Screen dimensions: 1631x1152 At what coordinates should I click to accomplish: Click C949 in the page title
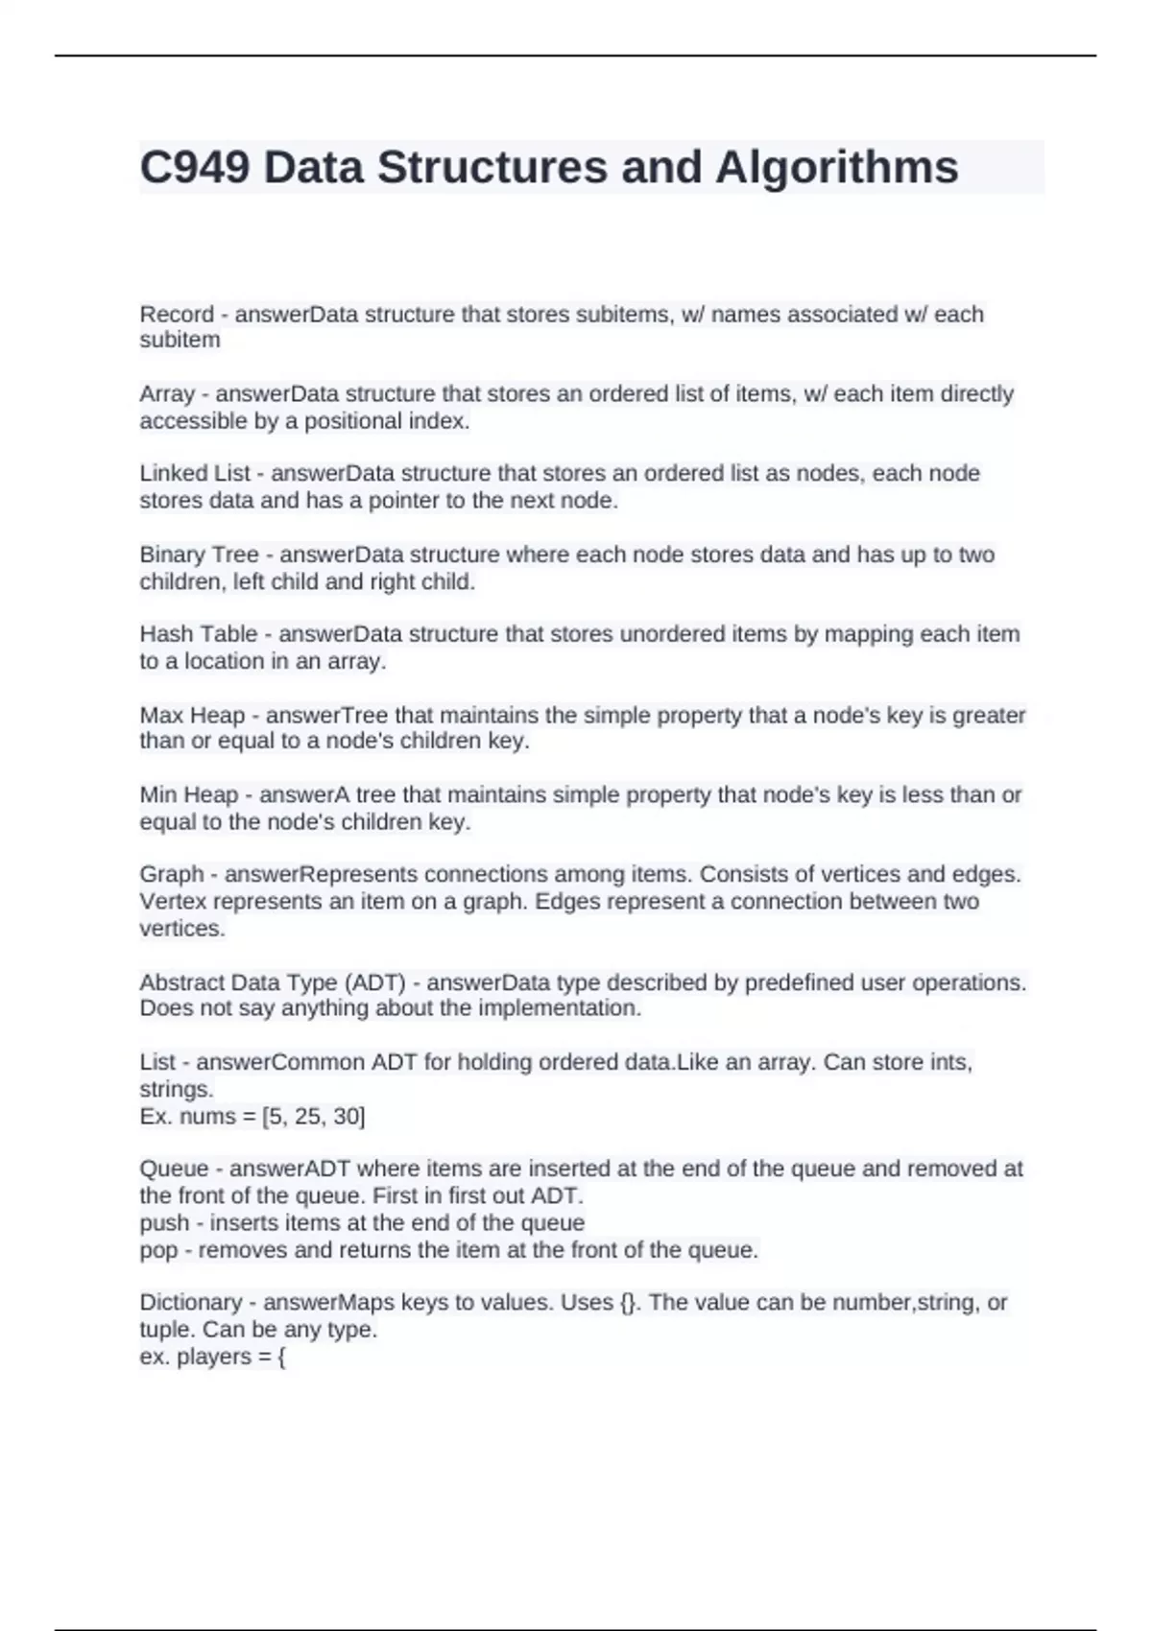pos(195,168)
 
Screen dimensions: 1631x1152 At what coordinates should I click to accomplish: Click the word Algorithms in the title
pos(836,168)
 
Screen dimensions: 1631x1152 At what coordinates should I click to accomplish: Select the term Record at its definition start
pos(177,315)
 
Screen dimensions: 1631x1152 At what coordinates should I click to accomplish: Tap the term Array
pos(167,394)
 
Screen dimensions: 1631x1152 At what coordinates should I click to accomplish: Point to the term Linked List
pos(195,474)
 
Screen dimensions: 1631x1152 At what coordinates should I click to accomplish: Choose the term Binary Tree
pos(199,555)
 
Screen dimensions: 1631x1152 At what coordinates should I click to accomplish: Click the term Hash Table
pos(198,634)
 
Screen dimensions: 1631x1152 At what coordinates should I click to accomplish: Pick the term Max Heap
pos(192,716)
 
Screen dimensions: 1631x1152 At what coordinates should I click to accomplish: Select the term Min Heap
pos(189,795)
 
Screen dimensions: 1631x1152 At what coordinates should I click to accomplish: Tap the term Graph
pos(172,875)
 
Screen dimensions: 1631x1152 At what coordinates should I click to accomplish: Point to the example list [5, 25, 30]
pos(313,1117)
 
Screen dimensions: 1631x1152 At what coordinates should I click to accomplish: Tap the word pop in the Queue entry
pos(158,1250)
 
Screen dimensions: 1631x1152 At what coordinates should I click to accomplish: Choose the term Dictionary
pos(190,1303)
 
